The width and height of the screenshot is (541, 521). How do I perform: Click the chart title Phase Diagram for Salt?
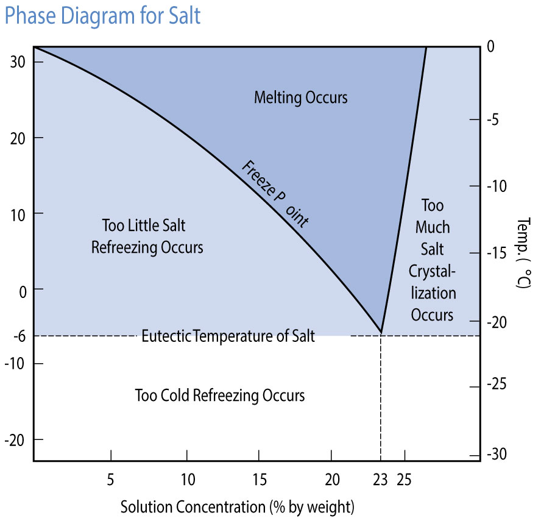pos(102,16)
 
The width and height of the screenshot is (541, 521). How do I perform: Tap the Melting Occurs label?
pos(300,97)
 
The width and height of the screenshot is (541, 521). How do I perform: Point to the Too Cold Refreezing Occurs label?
pos(219,395)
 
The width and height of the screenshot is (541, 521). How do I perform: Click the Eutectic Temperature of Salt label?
pos(228,336)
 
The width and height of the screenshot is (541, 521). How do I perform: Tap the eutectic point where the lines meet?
pos(381,333)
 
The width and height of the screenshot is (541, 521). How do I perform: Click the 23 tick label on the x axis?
pos(381,480)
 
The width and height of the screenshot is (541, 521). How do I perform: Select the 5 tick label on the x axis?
pos(110,480)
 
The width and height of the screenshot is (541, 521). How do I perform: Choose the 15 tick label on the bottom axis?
pos(260,480)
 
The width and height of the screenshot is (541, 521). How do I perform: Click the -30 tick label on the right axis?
pos(497,454)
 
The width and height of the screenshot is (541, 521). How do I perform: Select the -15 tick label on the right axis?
pos(497,253)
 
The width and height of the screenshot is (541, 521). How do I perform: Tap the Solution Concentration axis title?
pos(237,506)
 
